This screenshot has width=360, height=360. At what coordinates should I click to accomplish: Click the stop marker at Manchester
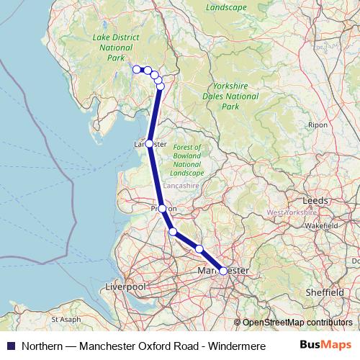223,271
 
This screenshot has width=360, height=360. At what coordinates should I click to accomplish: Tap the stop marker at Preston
162,208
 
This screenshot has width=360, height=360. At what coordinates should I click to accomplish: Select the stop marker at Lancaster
149,143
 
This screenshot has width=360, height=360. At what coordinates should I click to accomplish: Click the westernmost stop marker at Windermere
136,69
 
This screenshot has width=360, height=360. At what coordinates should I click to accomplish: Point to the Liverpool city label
125,287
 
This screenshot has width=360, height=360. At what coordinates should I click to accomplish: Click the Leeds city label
315,200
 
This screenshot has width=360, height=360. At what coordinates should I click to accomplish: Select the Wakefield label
322,225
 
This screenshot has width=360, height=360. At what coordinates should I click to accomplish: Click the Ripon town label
318,124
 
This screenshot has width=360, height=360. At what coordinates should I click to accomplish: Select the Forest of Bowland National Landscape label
187,160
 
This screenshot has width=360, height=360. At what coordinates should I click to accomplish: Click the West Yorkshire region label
291,213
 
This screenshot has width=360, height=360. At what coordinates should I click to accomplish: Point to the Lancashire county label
181,185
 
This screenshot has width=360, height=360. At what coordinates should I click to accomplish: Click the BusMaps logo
325,345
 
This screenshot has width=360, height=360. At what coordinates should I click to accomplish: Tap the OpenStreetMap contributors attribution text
297,323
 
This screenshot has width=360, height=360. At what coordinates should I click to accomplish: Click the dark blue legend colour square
10,346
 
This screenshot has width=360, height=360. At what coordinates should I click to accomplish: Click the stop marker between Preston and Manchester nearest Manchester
199,248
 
